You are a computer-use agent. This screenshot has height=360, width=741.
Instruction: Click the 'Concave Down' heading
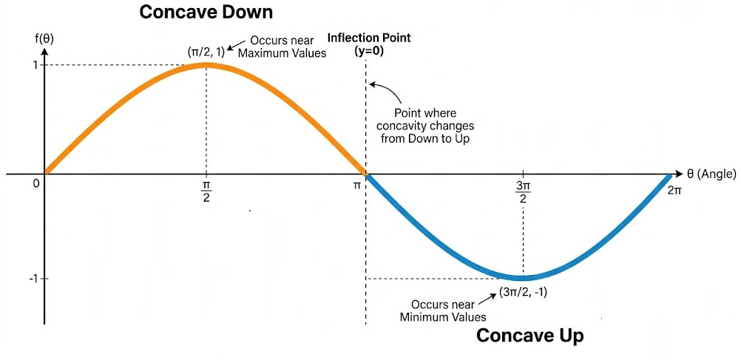tap(206, 13)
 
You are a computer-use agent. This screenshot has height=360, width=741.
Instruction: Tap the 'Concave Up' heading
tap(529, 336)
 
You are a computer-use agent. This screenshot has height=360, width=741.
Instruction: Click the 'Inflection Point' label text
tap(369, 38)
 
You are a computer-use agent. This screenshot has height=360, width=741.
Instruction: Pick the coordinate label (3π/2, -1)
tap(523, 292)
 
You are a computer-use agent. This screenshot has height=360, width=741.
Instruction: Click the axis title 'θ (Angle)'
tap(711, 174)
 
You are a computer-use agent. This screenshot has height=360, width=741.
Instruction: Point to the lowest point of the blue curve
tap(523, 278)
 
